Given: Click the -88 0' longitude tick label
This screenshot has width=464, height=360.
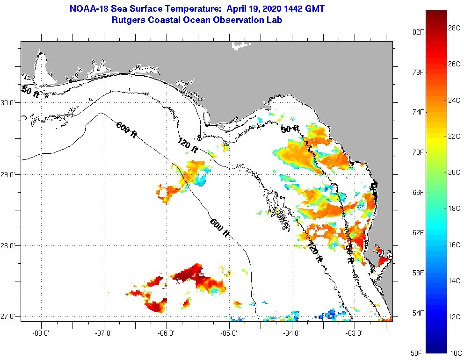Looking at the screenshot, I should pyautogui.click(x=41, y=333).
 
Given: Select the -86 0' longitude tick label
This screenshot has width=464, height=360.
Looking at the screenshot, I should pyautogui.click(x=167, y=333).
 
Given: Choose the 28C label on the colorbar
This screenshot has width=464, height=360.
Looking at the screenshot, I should pyautogui.click(x=454, y=28).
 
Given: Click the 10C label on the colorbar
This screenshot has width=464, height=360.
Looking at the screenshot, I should pyautogui.click(x=454, y=353).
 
